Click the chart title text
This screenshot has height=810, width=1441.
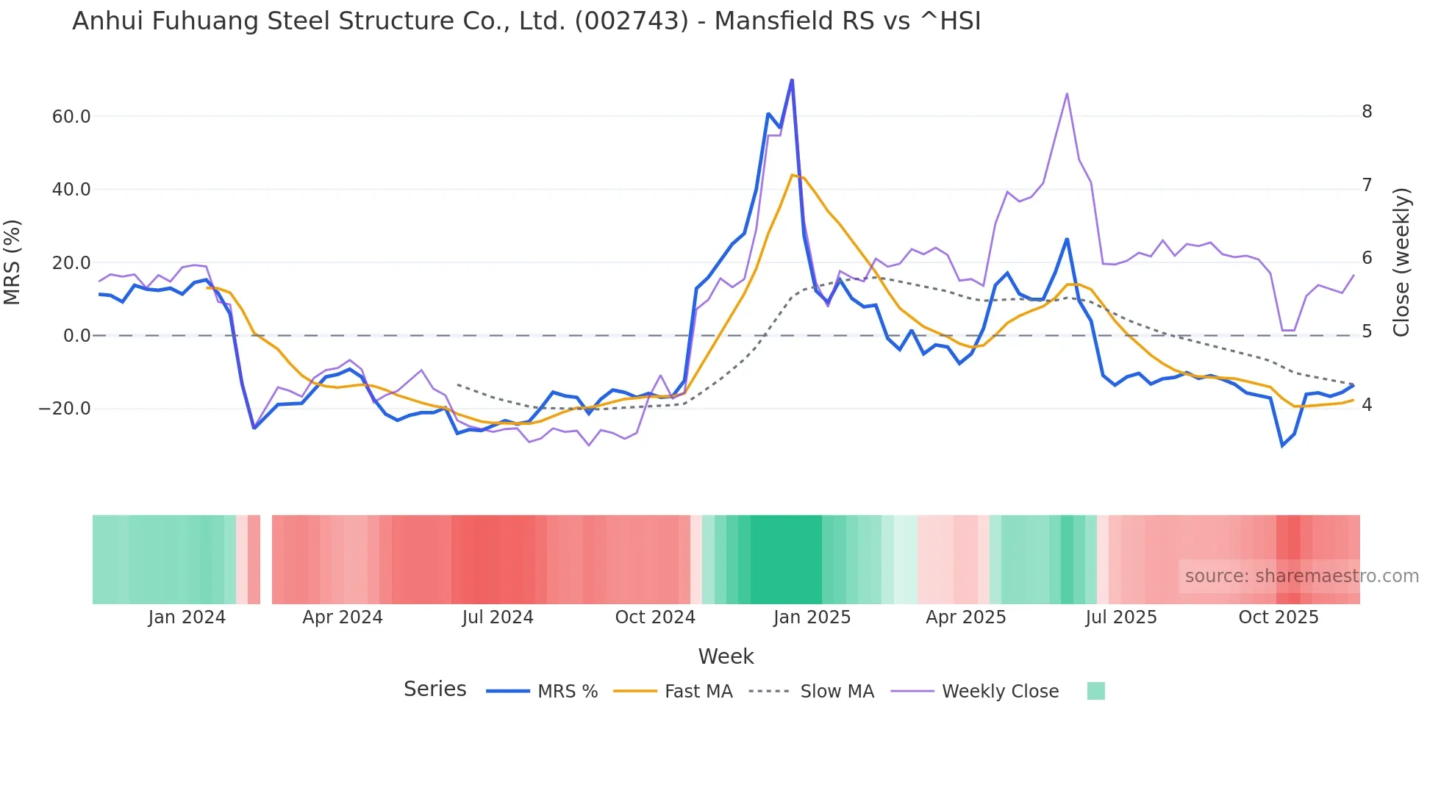pyautogui.click(x=526, y=21)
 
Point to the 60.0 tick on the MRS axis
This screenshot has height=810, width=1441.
pyautogui.click(x=71, y=117)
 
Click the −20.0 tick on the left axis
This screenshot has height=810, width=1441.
pyautogui.click(x=65, y=409)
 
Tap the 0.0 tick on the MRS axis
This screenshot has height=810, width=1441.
pyautogui.click(x=77, y=336)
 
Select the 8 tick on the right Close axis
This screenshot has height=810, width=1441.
pyautogui.click(x=1367, y=112)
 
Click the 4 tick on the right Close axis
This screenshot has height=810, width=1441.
pyautogui.click(x=1367, y=405)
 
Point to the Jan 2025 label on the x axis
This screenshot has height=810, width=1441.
pyautogui.click(x=812, y=617)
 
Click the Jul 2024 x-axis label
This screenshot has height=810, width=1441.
pyautogui.click(x=498, y=617)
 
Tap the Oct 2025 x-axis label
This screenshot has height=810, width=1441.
pyautogui.click(x=1279, y=617)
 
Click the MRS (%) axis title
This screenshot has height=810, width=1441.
pyautogui.click(x=12, y=262)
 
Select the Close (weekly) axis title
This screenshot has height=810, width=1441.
pyautogui.click(x=1401, y=262)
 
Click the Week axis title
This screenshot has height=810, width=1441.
pyautogui.click(x=726, y=656)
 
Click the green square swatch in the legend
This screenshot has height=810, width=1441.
pyautogui.click(x=1095, y=691)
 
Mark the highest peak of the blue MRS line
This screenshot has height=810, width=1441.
pyautogui.click(x=792, y=79)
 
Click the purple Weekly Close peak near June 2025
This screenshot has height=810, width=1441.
pyautogui.click(x=1067, y=94)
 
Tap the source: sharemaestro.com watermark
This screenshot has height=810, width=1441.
pyautogui.click(x=1301, y=576)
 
